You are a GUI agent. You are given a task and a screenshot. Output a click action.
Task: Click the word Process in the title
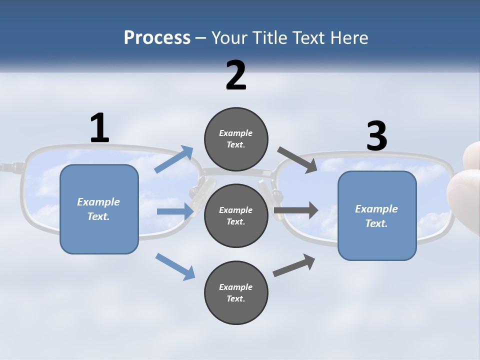[x=157, y=37]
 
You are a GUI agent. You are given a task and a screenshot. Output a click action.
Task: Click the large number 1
[x=99, y=128]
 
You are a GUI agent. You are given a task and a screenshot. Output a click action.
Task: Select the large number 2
[x=236, y=75]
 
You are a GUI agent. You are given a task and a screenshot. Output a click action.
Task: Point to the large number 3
[x=376, y=136]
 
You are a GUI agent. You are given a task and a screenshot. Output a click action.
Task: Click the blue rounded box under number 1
[x=99, y=209]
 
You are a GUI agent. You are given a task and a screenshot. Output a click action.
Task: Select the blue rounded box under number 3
[x=377, y=216]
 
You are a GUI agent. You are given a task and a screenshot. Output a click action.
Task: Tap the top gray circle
[x=236, y=139]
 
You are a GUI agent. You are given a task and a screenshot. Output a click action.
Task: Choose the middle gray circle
[x=236, y=215]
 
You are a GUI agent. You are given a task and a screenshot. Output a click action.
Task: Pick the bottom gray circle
[x=236, y=292]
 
